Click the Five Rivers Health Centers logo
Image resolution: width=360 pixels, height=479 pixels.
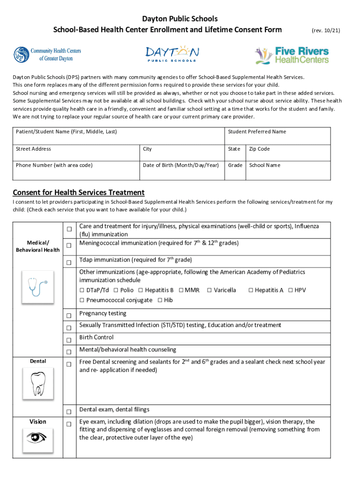pos(292,55)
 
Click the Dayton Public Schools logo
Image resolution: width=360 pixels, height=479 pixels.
pos(172,54)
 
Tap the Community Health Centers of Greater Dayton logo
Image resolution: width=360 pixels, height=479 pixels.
pos(47,54)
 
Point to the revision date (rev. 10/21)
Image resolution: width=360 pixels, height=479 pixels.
pos(325,30)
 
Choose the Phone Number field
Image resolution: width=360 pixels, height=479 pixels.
pos(76,170)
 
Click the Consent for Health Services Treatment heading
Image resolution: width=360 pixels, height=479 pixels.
pos(79,193)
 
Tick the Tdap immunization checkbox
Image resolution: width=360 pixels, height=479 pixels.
pos(69,263)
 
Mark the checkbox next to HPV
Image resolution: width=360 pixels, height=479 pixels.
pos(290,290)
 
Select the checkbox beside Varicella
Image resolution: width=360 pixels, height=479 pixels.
pos(209,290)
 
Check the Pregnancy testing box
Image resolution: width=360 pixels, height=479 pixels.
pos(69,316)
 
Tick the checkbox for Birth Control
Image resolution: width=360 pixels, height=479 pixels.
pos(69,340)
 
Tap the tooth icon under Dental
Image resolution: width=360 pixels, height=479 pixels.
pos(37,384)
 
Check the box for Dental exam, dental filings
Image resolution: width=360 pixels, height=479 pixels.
pos(69,412)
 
